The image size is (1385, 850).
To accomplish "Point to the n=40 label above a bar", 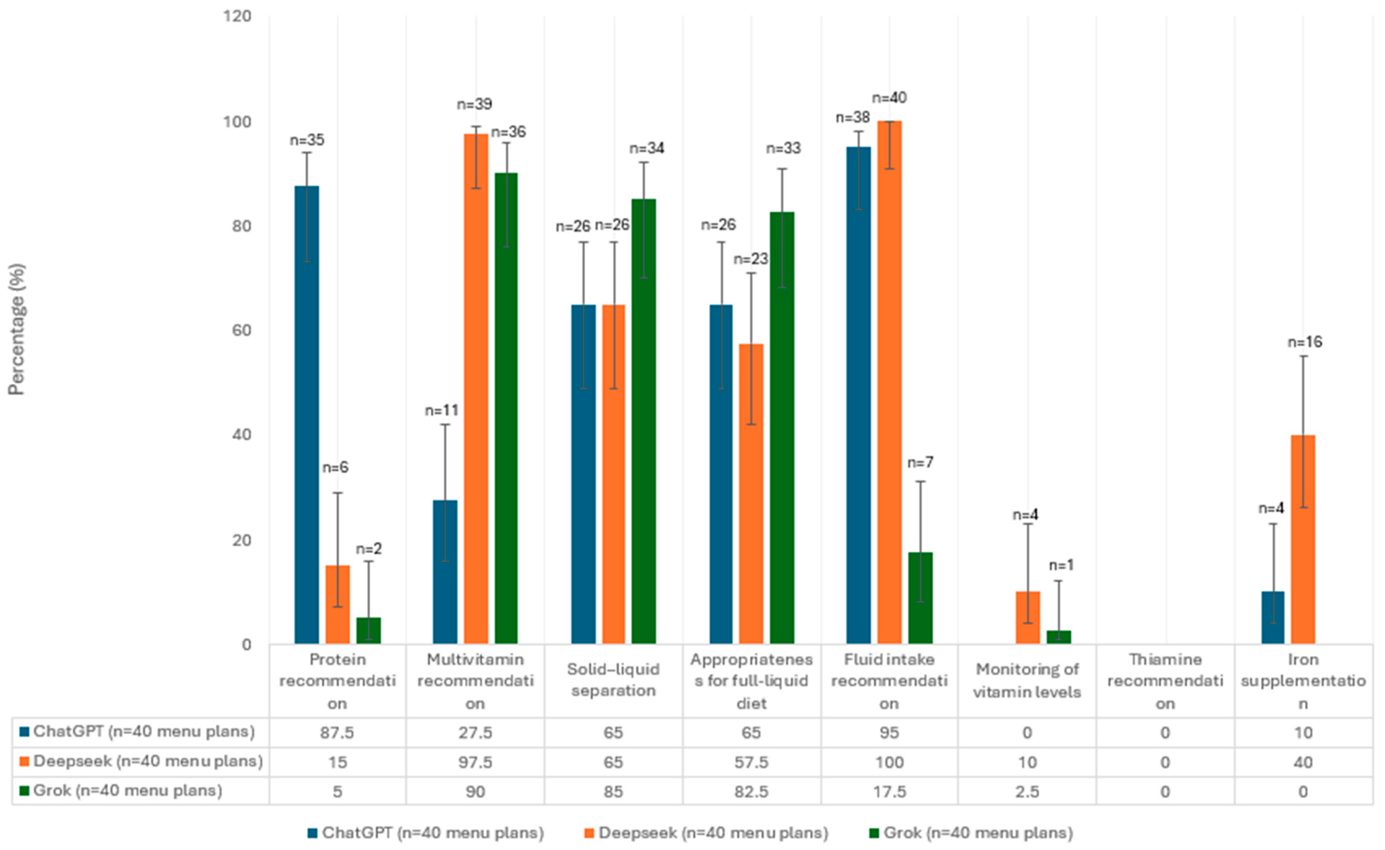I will tap(889, 98).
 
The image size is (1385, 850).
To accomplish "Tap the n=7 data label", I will tap(920, 463).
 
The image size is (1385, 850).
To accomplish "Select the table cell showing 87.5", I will tap(337, 732).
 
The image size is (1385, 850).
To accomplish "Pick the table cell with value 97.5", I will tap(475, 762).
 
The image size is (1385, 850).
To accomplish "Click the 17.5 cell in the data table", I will tap(889, 792).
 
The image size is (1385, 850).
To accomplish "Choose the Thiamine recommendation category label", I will tap(1165, 681).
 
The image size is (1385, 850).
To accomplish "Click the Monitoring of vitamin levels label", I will tap(1027, 681).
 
